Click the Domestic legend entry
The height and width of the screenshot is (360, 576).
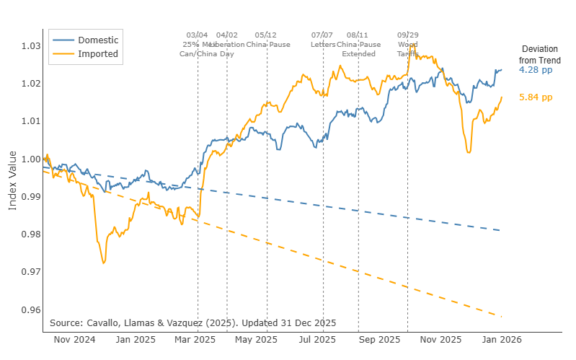(x=98, y=40)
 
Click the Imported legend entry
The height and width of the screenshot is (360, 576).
(x=98, y=53)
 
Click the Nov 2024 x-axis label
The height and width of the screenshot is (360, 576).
(x=76, y=339)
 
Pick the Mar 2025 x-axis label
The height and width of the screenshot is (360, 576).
(x=195, y=339)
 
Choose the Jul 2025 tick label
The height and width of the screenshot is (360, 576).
(x=317, y=339)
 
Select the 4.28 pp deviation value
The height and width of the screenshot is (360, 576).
(x=536, y=71)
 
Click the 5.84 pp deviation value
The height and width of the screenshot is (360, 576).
(x=536, y=97)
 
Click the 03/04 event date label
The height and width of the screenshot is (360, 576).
(x=197, y=35)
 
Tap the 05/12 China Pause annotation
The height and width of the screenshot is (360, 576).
(x=267, y=39)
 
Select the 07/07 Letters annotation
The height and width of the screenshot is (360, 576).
(x=322, y=39)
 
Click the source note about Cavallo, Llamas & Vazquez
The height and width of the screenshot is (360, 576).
(x=193, y=322)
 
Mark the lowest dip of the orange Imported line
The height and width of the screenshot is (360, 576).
(x=103, y=263)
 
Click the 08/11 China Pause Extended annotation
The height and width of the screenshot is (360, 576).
(x=358, y=44)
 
